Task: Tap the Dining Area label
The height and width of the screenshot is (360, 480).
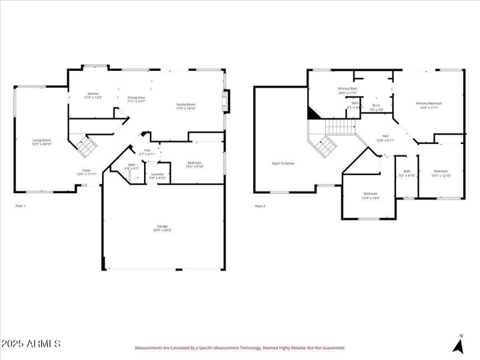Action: [136, 99]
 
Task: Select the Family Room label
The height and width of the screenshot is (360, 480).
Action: [185, 106]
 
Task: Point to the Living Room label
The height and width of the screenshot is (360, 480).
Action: [42, 142]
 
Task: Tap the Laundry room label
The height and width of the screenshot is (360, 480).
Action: [157, 175]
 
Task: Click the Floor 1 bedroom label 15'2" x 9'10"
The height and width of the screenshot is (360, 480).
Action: [194, 164]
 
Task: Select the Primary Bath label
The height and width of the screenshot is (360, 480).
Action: [347, 91]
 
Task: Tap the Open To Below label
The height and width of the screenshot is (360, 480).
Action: [283, 163]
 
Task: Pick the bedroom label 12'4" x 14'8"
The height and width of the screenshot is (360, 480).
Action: [370, 195]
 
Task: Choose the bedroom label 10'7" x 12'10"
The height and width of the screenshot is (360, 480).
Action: [441, 173]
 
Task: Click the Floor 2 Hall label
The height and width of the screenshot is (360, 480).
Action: [386, 138]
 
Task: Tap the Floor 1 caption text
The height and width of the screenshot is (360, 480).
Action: [20, 206]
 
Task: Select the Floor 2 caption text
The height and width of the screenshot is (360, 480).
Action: [260, 206]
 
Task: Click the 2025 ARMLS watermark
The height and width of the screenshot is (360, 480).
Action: [31, 344]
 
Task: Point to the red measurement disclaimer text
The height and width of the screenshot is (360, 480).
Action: [240, 347]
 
